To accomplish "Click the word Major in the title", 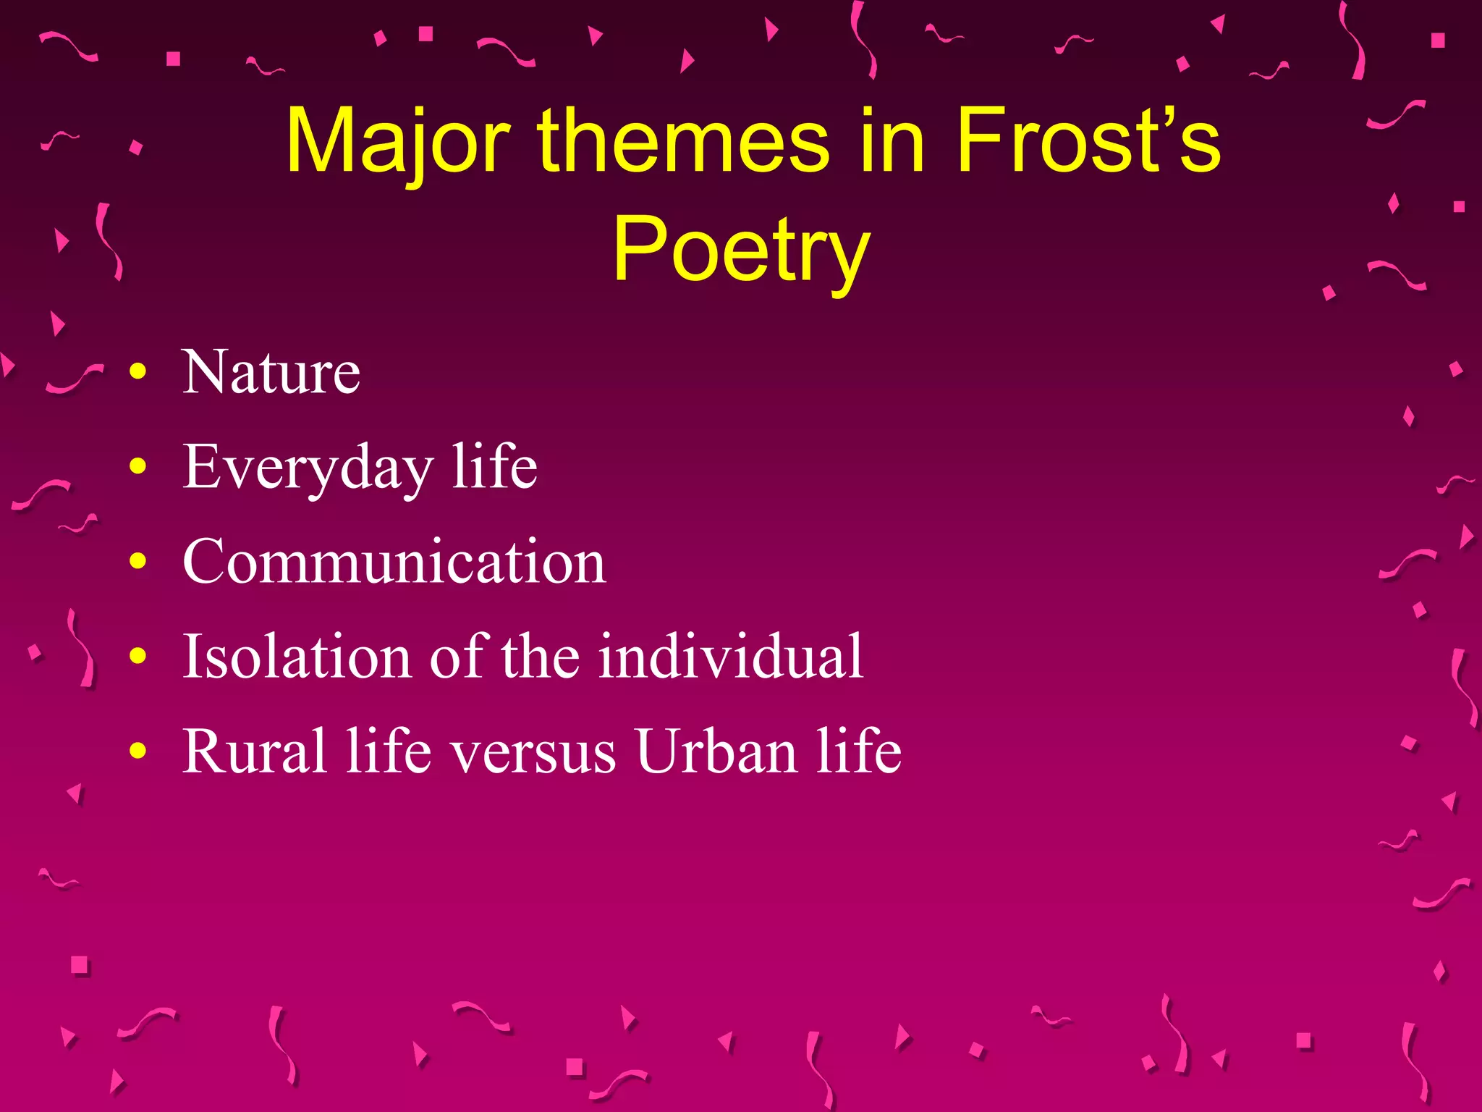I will pyautogui.click(x=398, y=141).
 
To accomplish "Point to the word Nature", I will pyautogui.click(x=271, y=372).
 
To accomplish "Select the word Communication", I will pyautogui.click(x=394, y=562).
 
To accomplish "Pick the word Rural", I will pyautogui.click(x=254, y=751).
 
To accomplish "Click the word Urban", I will pyautogui.click(x=716, y=751).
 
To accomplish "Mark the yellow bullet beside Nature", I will pyautogui.click(x=137, y=373).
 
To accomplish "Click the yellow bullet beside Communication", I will pyautogui.click(x=137, y=562).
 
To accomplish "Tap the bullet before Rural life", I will pyautogui.click(x=137, y=751).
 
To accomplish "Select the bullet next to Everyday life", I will pyautogui.click(x=137, y=467).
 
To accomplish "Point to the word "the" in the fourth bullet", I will pyautogui.click(x=540, y=656).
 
